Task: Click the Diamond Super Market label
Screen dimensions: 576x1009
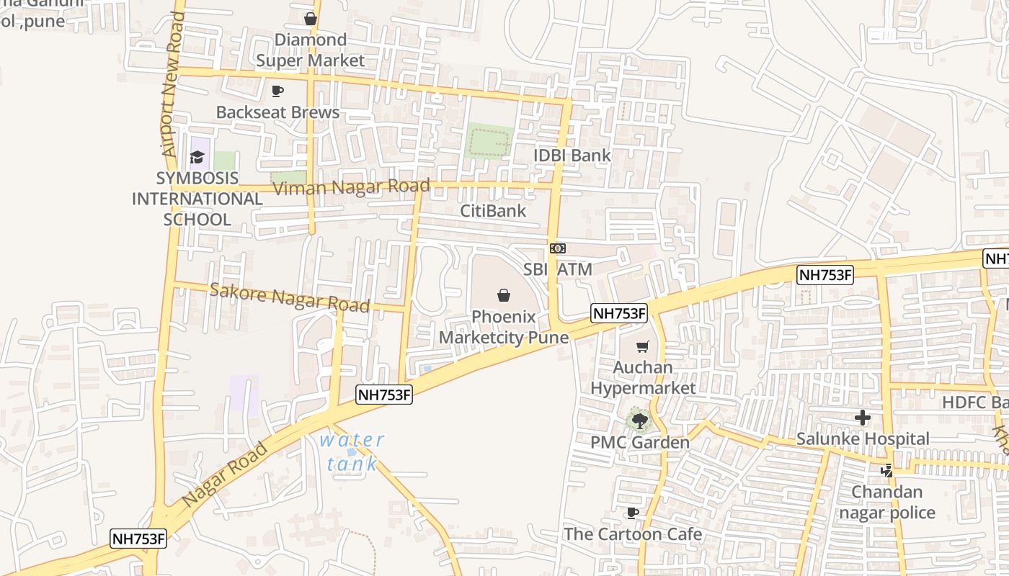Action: pyautogui.click(x=311, y=50)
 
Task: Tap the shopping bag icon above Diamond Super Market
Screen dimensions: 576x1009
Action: pyautogui.click(x=310, y=19)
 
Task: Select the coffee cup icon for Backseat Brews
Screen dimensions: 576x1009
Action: pyautogui.click(x=277, y=91)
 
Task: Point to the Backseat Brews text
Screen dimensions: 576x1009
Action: pyautogui.click(x=277, y=112)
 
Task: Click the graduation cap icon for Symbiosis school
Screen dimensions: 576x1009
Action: pyautogui.click(x=197, y=157)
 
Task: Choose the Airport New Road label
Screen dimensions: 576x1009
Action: pyautogui.click(x=171, y=85)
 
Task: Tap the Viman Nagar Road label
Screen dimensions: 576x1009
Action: pyautogui.click(x=352, y=188)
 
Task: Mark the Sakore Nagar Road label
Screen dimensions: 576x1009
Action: pyautogui.click(x=289, y=297)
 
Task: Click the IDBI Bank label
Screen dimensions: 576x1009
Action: pyautogui.click(x=572, y=156)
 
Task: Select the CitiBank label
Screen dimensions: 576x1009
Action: pyautogui.click(x=494, y=211)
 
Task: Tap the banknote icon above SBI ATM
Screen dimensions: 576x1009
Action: pyautogui.click(x=557, y=248)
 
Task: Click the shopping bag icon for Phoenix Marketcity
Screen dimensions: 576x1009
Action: pyautogui.click(x=503, y=295)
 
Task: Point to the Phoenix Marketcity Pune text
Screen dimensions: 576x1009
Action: pyautogui.click(x=503, y=327)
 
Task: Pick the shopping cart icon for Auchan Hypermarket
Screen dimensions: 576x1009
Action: pyautogui.click(x=643, y=346)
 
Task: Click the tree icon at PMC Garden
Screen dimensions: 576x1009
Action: pyautogui.click(x=639, y=420)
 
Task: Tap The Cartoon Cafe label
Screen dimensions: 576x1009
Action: pyautogui.click(x=632, y=534)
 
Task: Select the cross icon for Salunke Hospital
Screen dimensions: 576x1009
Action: pyautogui.click(x=862, y=418)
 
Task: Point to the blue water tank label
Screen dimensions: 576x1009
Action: pyautogui.click(x=352, y=451)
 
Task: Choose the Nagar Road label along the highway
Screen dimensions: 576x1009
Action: pyautogui.click(x=224, y=474)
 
